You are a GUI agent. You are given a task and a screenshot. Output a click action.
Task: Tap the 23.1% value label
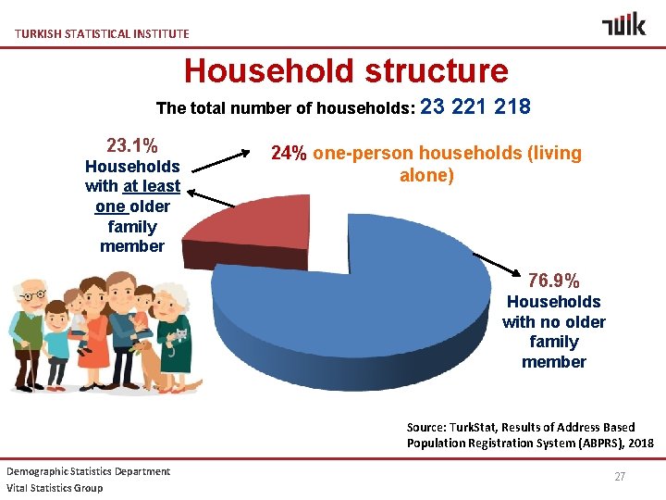pyautogui.click(x=131, y=145)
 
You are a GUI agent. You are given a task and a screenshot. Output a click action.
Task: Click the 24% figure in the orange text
pyautogui.click(x=289, y=154)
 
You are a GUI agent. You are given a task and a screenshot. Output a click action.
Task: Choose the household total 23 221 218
pyautogui.click(x=475, y=106)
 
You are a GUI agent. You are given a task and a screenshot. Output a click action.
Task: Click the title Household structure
pyautogui.click(x=346, y=70)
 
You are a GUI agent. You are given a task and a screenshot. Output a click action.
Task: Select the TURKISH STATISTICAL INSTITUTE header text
pyautogui.click(x=102, y=33)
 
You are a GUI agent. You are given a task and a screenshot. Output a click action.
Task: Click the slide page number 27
pyautogui.click(x=620, y=476)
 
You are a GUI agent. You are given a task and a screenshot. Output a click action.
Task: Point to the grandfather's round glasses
pyautogui.click(x=31, y=295)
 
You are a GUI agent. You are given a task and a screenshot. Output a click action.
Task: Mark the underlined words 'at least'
pyautogui.click(x=151, y=186)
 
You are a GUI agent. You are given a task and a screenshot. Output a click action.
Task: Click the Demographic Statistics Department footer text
pyautogui.click(x=88, y=471)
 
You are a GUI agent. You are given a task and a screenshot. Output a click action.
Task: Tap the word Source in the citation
pyautogui.click(x=427, y=427)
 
